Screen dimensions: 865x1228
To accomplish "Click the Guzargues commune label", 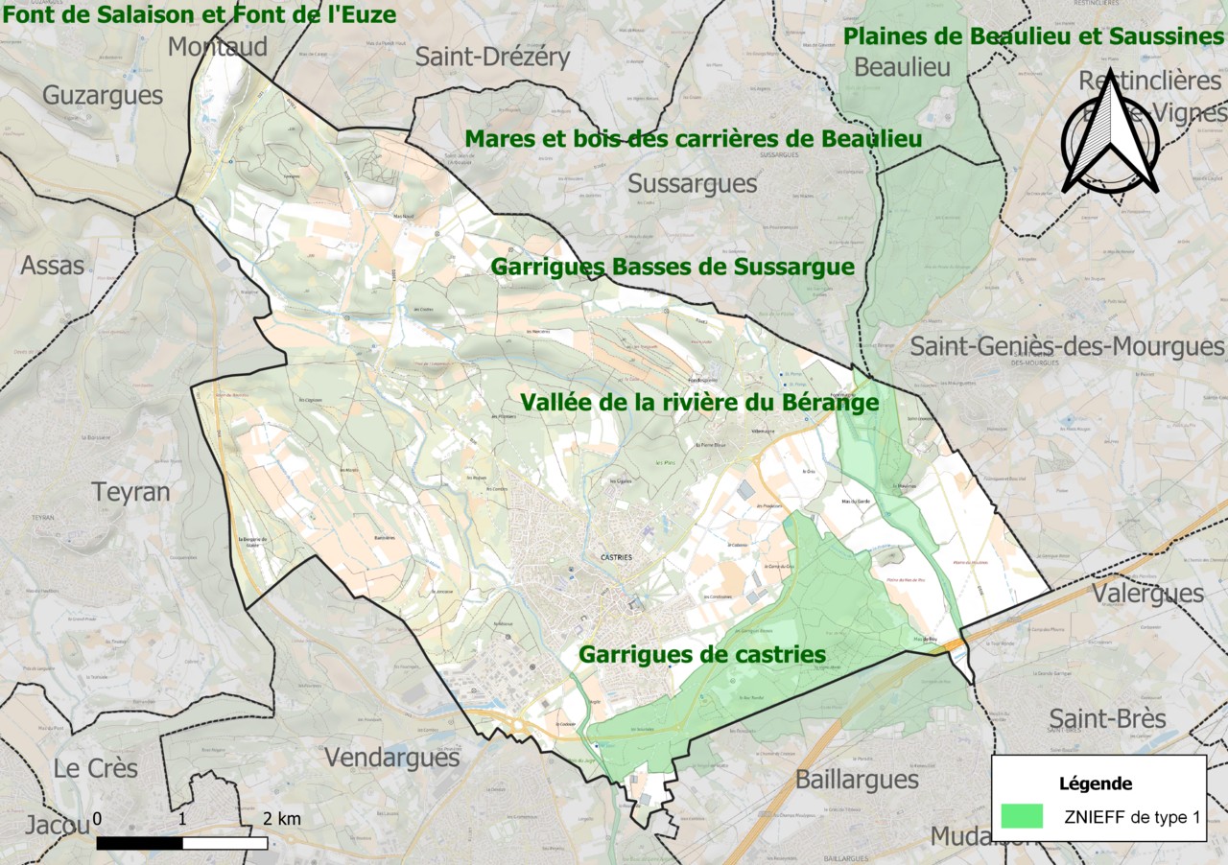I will pyautogui.click(x=103, y=96).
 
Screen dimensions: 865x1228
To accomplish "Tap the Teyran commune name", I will pyautogui.click(x=130, y=492).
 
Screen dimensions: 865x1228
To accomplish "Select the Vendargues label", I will pyautogui.click(x=391, y=757).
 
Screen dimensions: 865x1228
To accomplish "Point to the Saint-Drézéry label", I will pyautogui.click(x=492, y=57).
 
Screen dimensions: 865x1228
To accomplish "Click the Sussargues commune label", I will pyautogui.click(x=692, y=183).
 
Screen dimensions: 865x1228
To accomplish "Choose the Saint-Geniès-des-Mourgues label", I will pyautogui.click(x=1067, y=345).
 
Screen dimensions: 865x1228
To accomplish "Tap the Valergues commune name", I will pyautogui.click(x=1147, y=593).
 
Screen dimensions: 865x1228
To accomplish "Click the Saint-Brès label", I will pyautogui.click(x=1107, y=718).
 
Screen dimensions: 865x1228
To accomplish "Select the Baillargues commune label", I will pyautogui.click(x=857, y=779).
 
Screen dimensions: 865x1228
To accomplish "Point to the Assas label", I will pyautogui.click(x=53, y=265).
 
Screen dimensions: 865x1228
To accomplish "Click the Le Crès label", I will pyautogui.click(x=95, y=768).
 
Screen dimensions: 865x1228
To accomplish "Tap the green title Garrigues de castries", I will pyautogui.click(x=701, y=655).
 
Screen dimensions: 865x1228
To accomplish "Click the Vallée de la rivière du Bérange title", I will pyautogui.click(x=699, y=403).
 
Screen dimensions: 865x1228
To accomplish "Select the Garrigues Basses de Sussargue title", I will pyautogui.click(x=673, y=267).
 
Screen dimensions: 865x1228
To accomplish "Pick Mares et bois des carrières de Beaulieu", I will pyautogui.click(x=694, y=139).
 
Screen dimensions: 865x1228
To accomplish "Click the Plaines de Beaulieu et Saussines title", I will pyautogui.click(x=1034, y=36).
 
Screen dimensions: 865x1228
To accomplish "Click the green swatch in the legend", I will pyautogui.click(x=1021, y=816).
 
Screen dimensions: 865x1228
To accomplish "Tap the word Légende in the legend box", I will pyautogui.click(x=1095, y=783).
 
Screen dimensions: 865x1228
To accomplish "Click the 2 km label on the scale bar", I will pyautogui.click(x=282, y=818).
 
